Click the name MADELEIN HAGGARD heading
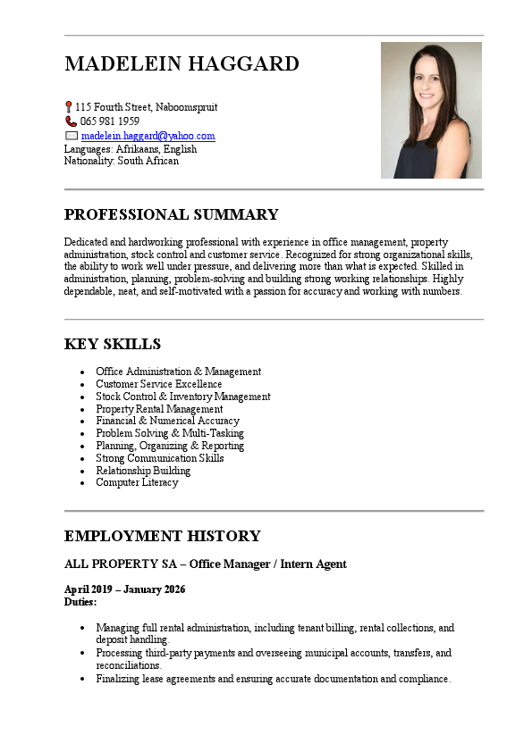182,64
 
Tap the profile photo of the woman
431,110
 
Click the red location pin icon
69,107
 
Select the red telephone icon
71,121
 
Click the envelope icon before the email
72,136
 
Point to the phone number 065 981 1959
110,121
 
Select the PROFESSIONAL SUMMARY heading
171,214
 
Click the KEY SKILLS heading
113,344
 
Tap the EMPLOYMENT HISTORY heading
162,536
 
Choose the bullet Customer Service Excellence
159,384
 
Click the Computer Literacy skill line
137,482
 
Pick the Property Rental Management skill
159,409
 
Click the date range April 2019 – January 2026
124,589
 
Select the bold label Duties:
80,602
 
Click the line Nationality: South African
122,161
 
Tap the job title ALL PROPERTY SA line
205,564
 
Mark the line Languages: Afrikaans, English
131,149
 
